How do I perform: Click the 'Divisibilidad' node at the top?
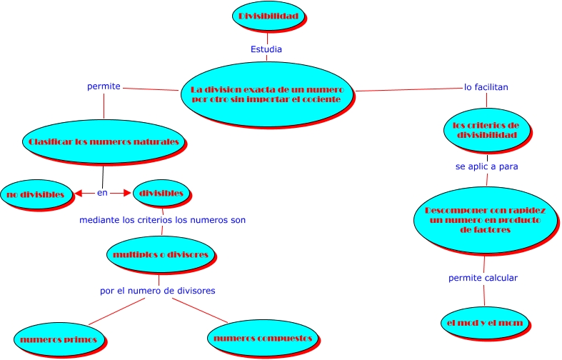pyautogui.click(x=268, y=16)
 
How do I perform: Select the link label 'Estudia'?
pyautogui.click(x=266, y=49)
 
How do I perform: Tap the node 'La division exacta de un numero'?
pyautogui.click(x=267, y=94)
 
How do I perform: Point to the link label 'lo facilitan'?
pyautogui.click(x=486, y=87)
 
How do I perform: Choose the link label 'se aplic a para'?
pyautogui.click(x=486, y=166)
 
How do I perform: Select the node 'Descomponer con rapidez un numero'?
pyautogui.click(x=486, y=220)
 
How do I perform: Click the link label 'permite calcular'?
pyautogui.click(x=483, y=277)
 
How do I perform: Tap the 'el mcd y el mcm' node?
pyautogui.click(x=482, y=323)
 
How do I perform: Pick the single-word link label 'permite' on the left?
pyautogui.click(x=104, y=86)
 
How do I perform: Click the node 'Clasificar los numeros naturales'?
pyautogui.click(x=104, y=141)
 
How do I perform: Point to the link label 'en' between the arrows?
pyautogui.click(x=102, y=193)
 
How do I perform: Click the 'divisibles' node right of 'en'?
pyautogui.click(x=161, y=193)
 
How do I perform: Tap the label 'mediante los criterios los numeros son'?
pyautogui.click(x=162, y=220)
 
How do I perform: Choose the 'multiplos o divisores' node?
pyautogui.click(x=161, y=254)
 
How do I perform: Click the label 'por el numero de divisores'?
pyautogui.click(x=157, y=291)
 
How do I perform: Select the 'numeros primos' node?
pyautogui.click(x=59, y=338)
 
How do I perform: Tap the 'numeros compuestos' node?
pyautogui.click(x=263, y=337)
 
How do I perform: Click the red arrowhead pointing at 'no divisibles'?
pyautogui.click(x=79, y=193)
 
